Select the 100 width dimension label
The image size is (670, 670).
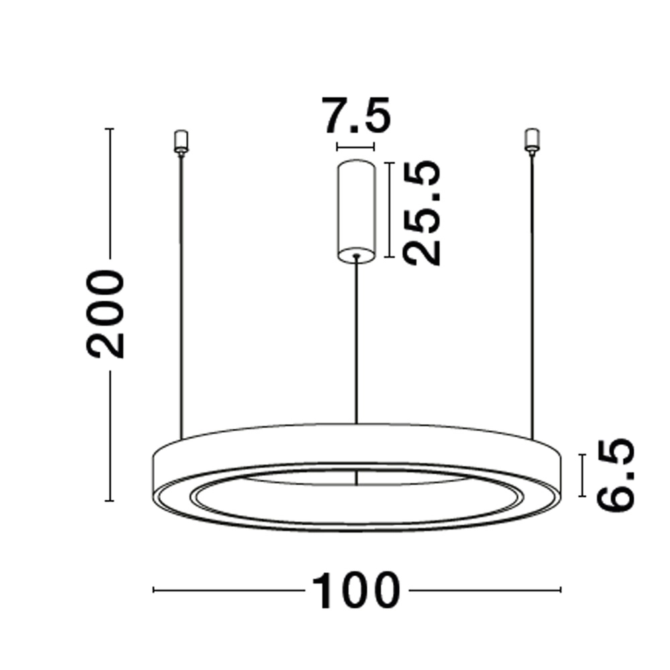[355, 590]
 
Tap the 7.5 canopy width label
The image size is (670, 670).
[356, 116]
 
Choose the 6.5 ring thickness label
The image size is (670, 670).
[614, 474]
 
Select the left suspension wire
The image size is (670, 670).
[180, 295]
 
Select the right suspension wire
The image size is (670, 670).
[533, 295]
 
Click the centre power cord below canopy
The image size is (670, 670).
[356, 342]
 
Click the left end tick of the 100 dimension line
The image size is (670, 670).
[154, 590]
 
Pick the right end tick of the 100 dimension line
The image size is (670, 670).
[560, 590]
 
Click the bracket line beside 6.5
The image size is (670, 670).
[582, 475]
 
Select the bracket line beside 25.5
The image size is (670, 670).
[388, 210]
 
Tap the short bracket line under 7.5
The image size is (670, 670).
[356, 147]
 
